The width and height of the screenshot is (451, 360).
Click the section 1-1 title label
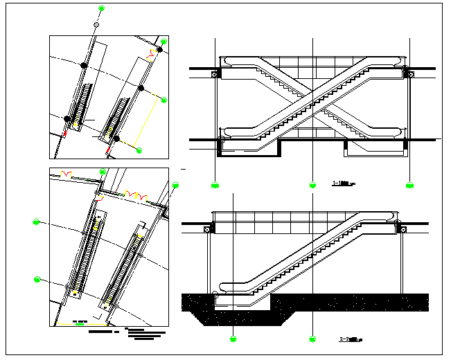(x=344, y=184)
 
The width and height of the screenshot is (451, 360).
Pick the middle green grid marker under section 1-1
(x=313, y=186)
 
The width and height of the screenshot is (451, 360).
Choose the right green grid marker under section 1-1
(x=409, y=186)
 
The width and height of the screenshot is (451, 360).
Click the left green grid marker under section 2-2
(x=233, y=339)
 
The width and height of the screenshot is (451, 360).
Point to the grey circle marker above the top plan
(x=96, y=25)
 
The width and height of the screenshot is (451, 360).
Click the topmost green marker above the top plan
(x=102, y=8)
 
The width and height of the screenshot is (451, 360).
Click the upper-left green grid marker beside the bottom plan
(x=37, y=222)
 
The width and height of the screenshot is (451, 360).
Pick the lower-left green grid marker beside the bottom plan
(x=37, y=280)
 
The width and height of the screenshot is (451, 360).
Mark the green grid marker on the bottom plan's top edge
(x=103, y=171)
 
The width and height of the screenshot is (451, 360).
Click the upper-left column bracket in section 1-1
(x=215, y=72)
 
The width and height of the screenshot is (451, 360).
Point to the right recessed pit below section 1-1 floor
(x=374, y=148)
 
